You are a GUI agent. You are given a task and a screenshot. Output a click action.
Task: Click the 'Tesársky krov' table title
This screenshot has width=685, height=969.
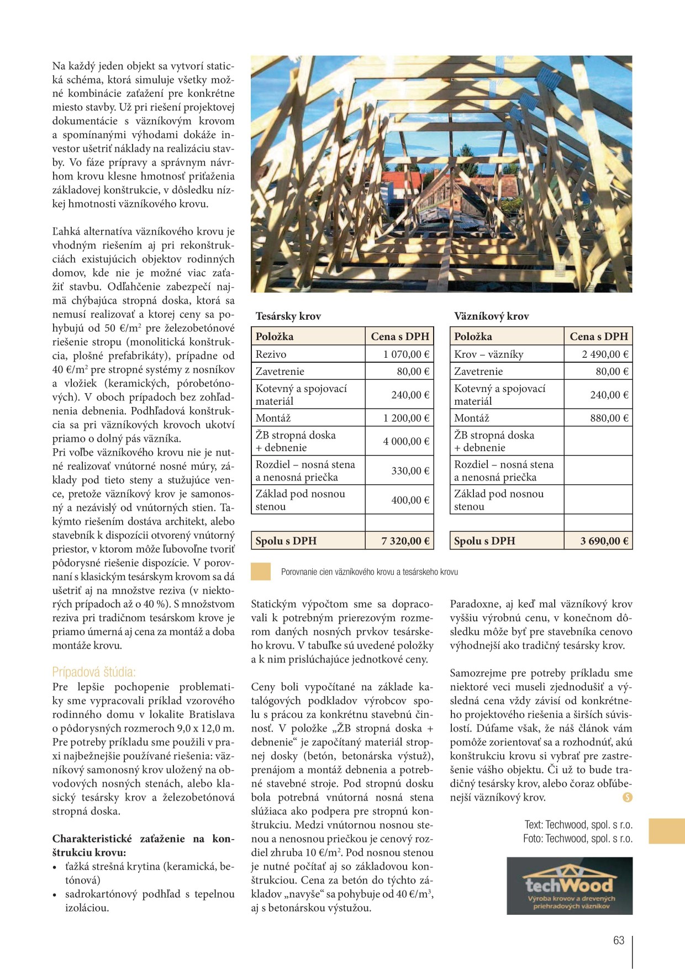tap(288, 316)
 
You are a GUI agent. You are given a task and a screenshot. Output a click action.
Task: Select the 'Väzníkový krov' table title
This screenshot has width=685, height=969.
tap(491, 316)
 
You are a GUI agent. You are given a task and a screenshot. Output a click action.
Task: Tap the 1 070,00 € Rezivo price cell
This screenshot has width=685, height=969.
tap(406, 354)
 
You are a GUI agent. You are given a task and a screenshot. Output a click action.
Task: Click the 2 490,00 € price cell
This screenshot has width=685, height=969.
tap(605, 354)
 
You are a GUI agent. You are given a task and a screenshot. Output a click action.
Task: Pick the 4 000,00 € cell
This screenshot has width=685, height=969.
tap(406, 441)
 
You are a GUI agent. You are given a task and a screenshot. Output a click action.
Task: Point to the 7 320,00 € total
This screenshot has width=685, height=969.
tap(405, 541)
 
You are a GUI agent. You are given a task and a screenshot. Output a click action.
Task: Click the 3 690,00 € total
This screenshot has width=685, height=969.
tap(604, 541)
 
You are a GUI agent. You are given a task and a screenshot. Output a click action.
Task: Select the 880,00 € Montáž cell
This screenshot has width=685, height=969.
tap(609, 418)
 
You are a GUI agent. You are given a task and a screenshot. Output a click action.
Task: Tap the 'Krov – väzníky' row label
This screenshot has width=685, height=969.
tap(488, 354)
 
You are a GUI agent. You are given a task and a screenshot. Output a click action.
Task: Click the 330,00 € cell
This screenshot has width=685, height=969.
tap(410, 471)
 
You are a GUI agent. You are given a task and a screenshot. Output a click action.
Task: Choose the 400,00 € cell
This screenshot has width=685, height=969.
tap(410, 500)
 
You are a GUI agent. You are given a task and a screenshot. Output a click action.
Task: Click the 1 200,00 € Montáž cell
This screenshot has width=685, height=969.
tap(406, 418)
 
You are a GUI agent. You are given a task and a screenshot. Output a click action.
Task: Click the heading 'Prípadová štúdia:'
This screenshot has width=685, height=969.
tap(94, 672)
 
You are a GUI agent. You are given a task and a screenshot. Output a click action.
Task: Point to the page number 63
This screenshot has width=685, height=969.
tap(619, 940)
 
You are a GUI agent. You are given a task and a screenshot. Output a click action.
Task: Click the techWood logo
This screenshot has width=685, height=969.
tap(570, 886)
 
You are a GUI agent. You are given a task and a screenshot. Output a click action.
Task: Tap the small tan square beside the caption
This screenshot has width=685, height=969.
tap(261, 571)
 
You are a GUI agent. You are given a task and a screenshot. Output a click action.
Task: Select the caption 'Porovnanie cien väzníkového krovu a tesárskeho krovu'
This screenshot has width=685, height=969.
tap(369, 572)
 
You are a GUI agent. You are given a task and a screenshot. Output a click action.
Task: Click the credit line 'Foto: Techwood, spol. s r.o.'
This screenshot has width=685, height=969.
tap(578, 839)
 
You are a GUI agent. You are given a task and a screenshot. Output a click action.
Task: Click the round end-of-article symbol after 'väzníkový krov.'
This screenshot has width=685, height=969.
tap(627, 797)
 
